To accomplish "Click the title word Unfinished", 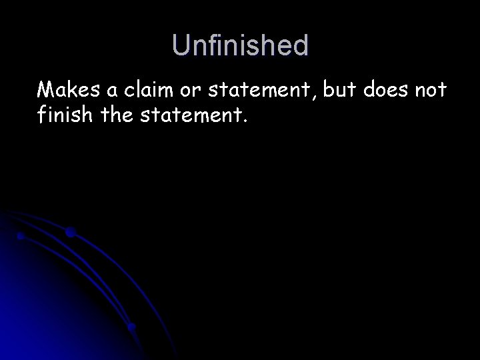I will pos(240,46).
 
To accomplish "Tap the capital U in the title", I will pos(180,46).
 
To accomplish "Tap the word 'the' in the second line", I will pos(117,117).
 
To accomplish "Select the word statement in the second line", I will pos(191,117).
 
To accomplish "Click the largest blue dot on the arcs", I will pos(70,233).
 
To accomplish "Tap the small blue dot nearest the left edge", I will pos(21,236).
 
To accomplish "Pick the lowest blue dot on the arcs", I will pos(132,327).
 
